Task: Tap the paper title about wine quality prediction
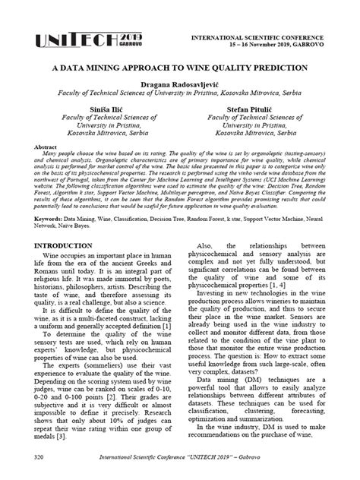tap(179, 68)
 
